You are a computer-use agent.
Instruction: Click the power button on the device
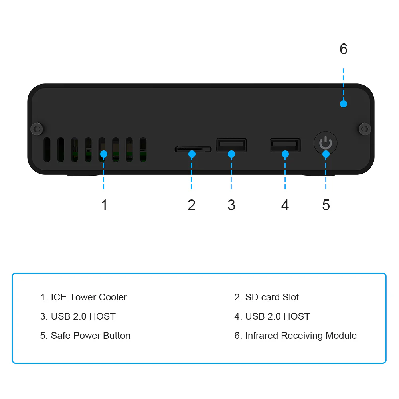point(326,143)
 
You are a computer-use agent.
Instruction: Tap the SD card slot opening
point(193,149)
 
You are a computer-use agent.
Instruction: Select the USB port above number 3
point(231,145)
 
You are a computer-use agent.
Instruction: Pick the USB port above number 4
point(285,145)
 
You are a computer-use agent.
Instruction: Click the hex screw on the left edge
point(37,128)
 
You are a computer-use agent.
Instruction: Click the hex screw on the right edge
point(364,128)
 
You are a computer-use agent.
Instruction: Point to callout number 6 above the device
point(343,49)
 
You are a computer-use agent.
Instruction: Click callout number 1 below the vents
point(104,205)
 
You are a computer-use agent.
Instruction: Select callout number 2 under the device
point(192,205)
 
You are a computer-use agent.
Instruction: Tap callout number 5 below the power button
point(326,205)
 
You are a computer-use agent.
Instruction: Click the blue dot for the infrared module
point(343,104)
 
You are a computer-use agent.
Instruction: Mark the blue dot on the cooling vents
point(103,154)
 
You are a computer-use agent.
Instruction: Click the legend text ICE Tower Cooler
point(89,297)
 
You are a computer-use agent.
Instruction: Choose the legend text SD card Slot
point(272,297)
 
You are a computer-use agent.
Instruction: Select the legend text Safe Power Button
point(91,336)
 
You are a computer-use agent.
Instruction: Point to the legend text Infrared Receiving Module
point(300,336)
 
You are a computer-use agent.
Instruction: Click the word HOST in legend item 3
point(102,316)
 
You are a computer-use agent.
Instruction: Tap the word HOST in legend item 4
point(296,316)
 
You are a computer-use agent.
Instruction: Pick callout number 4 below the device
point(285,205)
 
